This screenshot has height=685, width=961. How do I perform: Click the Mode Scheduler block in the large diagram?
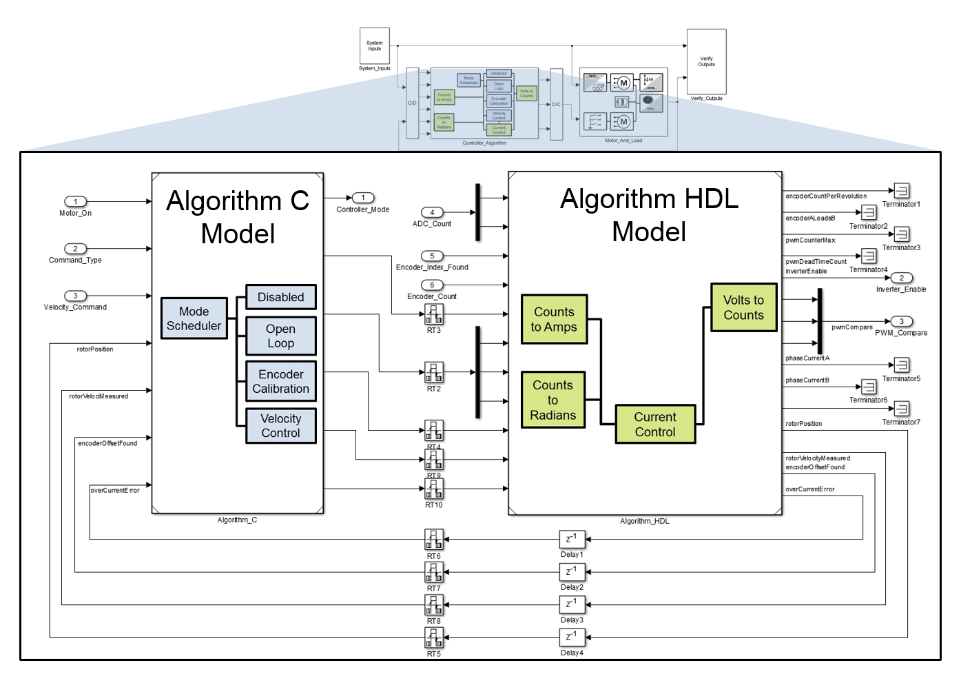[x=194, y=318]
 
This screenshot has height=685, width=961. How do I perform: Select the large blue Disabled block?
[x=281, y=297]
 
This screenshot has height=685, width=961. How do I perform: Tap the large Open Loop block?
[x=281, y=336]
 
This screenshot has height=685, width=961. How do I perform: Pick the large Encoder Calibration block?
[x=281, y=381]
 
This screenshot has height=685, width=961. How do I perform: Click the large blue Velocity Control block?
[x=281, y=425]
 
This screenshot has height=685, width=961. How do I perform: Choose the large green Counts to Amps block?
[x=555, y=319]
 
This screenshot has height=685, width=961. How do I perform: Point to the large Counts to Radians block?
[x=553, y=400]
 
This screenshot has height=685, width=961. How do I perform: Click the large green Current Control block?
[x=655, y=424]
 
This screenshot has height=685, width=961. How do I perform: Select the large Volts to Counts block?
[x=744, y=307]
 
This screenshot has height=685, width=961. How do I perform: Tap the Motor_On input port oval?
[x=76, y=201]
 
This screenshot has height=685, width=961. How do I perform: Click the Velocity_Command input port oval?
[x=76, y=296]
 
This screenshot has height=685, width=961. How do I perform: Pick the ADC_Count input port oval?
[x=432, y=212]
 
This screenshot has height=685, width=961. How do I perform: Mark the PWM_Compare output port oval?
[x=901, y=321]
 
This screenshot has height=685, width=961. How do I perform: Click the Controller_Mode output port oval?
[x=363, y=198]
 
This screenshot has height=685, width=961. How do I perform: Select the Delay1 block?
[x=572, y=539]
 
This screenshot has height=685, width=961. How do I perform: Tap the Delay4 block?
[x=572, y=637]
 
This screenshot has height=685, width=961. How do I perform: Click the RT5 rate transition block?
[x=434, y=637]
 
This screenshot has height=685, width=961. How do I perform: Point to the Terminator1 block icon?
[x=901, y=190]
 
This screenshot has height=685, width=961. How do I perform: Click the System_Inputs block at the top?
[x=375, y=46]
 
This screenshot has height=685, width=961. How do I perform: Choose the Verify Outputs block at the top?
[x=707, y=61]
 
